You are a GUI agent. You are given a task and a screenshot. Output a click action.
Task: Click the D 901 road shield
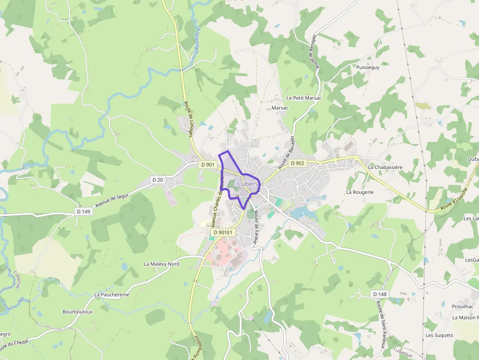208,165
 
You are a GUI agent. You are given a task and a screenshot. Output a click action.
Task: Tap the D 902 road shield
297,163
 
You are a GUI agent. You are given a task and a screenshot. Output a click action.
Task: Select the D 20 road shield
157,180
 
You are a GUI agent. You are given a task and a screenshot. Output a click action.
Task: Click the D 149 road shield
84,212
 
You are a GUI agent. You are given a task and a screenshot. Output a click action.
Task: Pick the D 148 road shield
380,294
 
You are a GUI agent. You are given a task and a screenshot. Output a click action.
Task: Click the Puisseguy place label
368,67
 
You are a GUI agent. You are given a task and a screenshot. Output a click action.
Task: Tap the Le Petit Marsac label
304,98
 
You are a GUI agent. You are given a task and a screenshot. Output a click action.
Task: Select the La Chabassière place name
385,167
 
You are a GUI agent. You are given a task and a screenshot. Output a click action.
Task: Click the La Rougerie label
360,192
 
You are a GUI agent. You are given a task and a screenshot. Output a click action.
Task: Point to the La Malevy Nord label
161,264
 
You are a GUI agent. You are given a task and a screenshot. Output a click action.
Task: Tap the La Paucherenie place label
112,295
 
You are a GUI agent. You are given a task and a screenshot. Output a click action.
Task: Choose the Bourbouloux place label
77,312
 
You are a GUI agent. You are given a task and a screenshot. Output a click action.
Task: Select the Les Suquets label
439,335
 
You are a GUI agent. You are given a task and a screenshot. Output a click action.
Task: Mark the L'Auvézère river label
200,42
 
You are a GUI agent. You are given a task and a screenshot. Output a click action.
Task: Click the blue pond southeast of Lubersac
301,213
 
